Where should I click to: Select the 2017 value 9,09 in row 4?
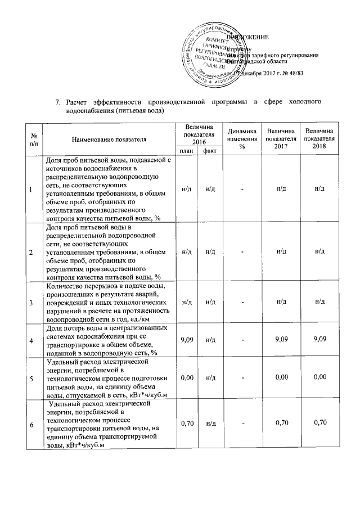281,340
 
